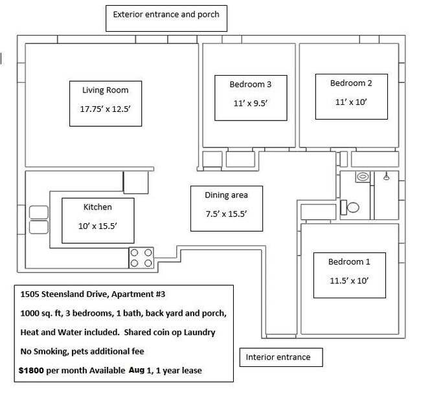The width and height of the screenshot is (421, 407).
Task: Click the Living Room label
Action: pyautogui.click(x=105, y=90)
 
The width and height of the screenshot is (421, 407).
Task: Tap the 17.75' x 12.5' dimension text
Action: pyautogui.click(x=105, y=109)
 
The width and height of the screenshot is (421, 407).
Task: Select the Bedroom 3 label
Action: pyautogui.click(x=251, y=85)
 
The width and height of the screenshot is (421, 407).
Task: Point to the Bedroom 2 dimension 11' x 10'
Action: pyautogui.click(x=351, y=102)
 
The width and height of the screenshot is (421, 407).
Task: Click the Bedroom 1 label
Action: pyautogui.click(x=349, y=261)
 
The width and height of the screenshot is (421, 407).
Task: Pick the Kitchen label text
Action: pyautogui.click(x=97, y=207)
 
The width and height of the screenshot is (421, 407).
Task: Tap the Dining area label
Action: pyautogui.click(x=226, y=195)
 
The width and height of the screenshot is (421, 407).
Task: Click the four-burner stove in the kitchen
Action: pyautogui.click(x=141, y=258)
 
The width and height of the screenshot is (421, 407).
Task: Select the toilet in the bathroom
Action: pyautogui.click(x=350, y=208)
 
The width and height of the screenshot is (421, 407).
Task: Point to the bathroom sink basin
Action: pyautogui.click(x=363, y=177)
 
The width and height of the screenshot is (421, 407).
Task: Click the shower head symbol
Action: pyautogui.click(x=387, y=176)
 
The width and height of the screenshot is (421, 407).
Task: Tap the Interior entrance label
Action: pyautogui.click(x=278, y=357)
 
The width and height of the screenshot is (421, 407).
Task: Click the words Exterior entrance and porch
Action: pyautogui.click(x=166, y=14)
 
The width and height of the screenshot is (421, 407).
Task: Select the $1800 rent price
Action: pyautogui.click(x=31, y=371)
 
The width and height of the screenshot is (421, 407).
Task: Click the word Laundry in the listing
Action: pyautogui.click(x=199, y=333)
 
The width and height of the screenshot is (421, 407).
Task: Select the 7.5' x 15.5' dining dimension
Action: pyautogui.click(x=226, y=214)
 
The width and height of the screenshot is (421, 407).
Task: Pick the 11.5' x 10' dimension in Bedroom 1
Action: pyautogui.click(x=349, y=281)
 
